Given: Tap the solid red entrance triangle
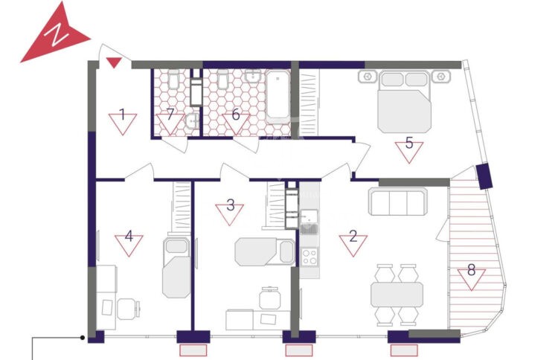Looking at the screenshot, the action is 115,62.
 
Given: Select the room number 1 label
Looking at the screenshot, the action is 123,115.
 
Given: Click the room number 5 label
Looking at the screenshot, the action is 409,143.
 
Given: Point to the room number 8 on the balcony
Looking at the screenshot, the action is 471,270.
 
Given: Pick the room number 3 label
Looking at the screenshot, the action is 230,205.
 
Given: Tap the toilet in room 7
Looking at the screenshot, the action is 173,79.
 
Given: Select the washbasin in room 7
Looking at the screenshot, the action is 192,122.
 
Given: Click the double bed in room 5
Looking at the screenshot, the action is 405,102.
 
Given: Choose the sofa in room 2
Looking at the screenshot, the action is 398,202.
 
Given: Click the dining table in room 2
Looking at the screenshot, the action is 397,295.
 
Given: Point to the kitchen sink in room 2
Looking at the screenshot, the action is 310,221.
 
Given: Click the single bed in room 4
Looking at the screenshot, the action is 176,267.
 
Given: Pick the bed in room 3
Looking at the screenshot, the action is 265,252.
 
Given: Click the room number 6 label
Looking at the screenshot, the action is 236,115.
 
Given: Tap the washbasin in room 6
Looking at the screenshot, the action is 253,76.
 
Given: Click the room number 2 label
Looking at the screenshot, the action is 353,236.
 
